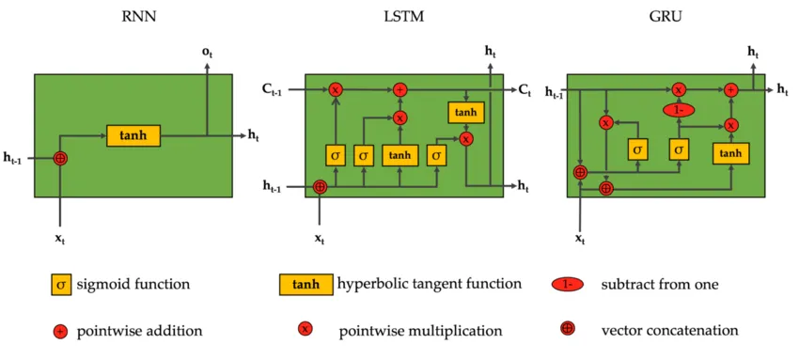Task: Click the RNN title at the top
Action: coord(133,18)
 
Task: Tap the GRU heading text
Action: coord(669,18)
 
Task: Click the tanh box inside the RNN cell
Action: coord(133,135)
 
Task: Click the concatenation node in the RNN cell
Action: coord(61,159)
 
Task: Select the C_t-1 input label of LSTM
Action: coord(274,89)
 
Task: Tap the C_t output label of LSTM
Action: coord(525,89)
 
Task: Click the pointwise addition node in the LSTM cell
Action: coord(399,89)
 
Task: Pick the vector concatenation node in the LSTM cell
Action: coord(320,186)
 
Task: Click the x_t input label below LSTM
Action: coord(320,239)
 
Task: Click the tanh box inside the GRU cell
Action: coord(730,152)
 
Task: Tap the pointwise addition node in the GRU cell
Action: coord(730,89)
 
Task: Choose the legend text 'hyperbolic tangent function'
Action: coord(429,284)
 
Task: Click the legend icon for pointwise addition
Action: coord(60,330)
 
